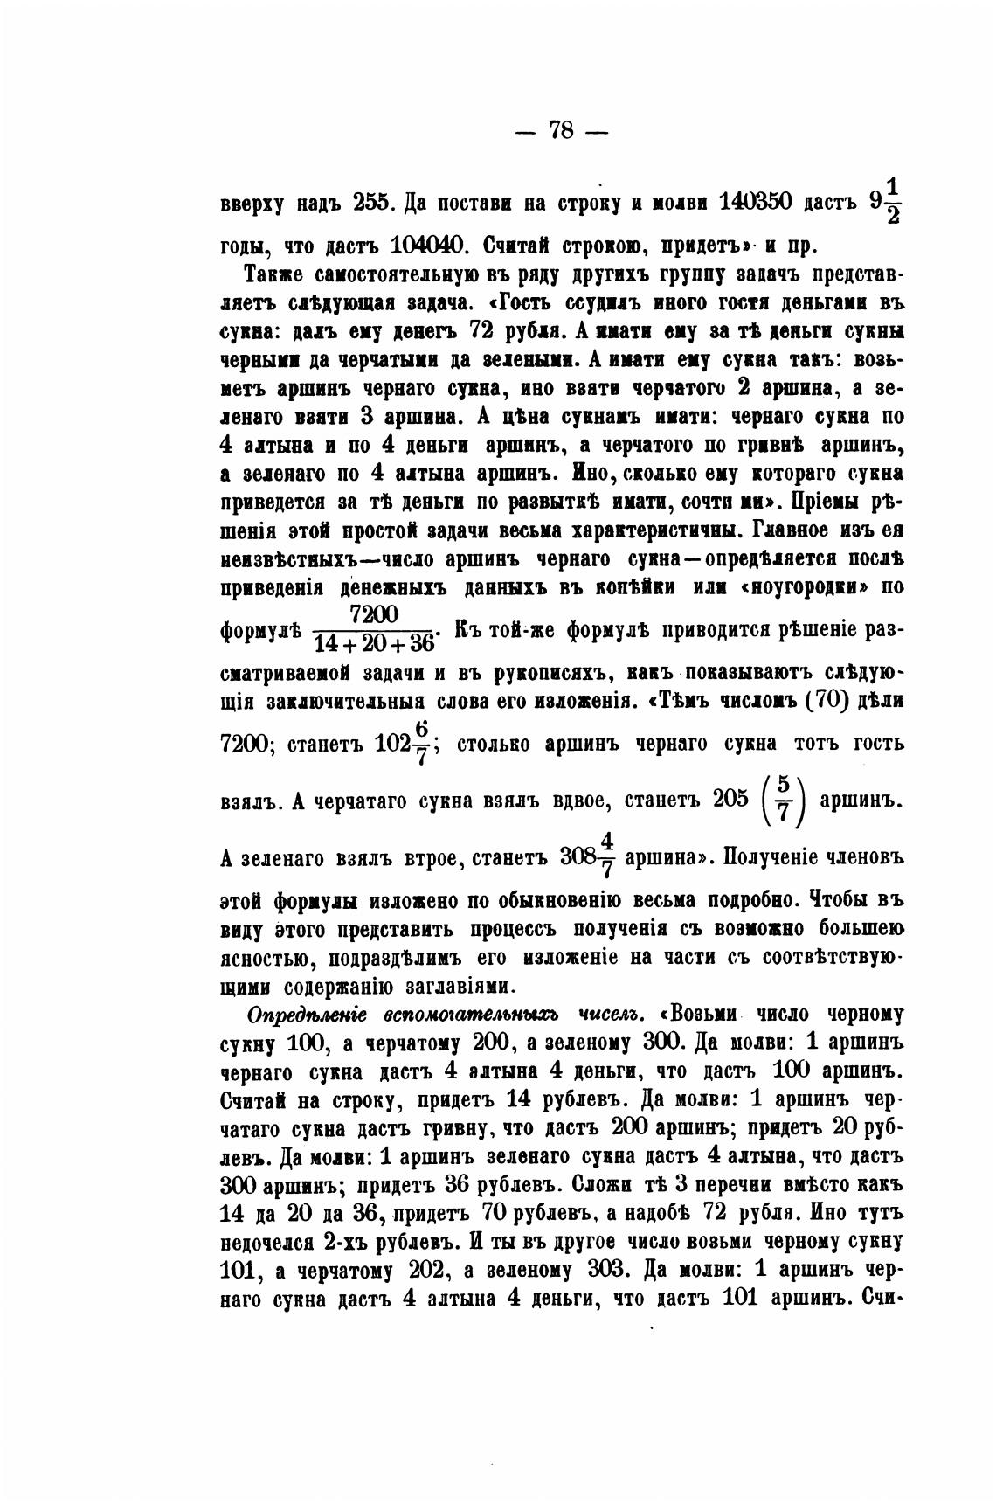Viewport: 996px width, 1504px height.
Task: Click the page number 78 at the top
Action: pos(560,131)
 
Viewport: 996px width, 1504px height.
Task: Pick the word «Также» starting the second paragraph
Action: pos(275,274)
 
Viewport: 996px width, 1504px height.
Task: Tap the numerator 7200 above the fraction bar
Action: pos(373,615)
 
